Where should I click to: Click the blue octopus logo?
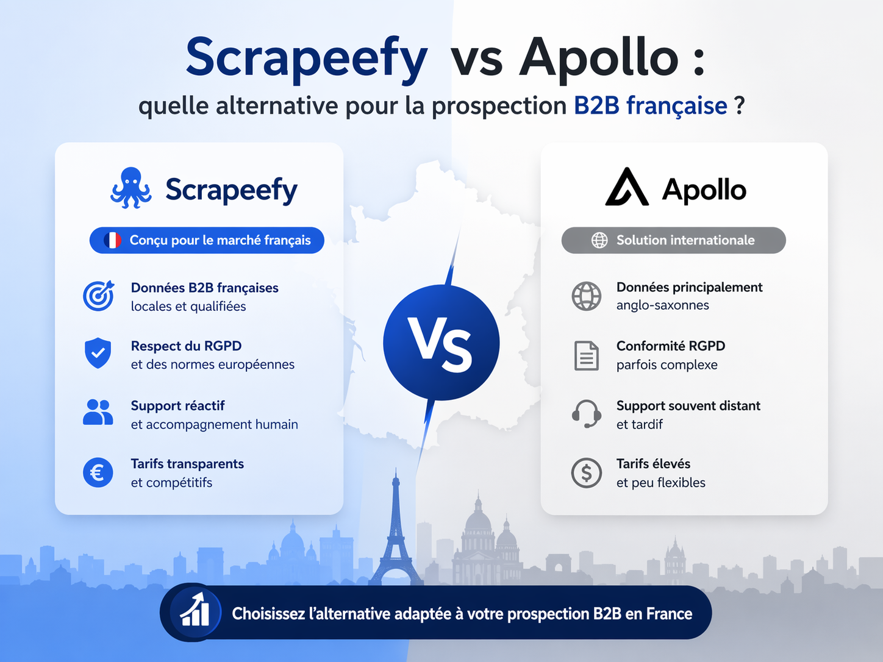tap(130, 188)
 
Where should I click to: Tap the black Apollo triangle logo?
tap(626, 188)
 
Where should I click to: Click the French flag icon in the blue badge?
tap(113, 240)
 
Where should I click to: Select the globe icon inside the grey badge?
tap(599, 240)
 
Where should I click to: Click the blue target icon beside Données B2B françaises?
tap(98, 296)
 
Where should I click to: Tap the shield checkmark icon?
tap(98, 354)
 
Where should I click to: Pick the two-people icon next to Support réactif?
tap(98, 413)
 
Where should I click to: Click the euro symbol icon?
tap(98, 472)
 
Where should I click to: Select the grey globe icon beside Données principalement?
tap(586, 296)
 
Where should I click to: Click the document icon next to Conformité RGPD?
tap(586, 355)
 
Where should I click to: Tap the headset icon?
tap(586, 414)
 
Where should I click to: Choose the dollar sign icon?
tap(586, 472)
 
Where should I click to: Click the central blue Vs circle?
tap(441, 343)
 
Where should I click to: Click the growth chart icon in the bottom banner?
tap(196, 612)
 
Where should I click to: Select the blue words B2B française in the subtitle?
tap(650, 106)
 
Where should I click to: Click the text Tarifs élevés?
tap(653, 464)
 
